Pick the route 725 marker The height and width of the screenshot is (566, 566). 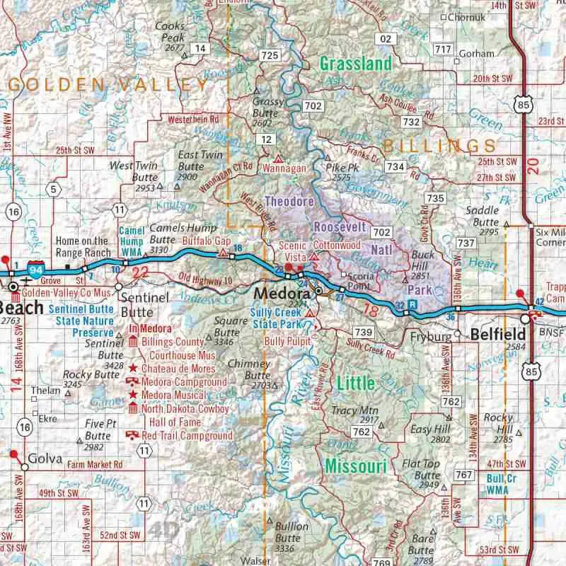click(x=270, y=54)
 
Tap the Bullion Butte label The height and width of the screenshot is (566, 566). click(x=291, y=533)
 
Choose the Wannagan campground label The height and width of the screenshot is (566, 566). click(x=284, y=169)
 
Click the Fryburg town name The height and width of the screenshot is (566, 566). click(x=430, y=337)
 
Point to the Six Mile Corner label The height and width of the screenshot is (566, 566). click(x=550, y=237)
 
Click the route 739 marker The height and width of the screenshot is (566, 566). click(x=364, y=332)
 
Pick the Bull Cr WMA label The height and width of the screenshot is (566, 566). click(x=500, y=483)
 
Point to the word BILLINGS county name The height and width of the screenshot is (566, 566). click(x=439, y=146)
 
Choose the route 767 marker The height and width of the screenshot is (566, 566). click(x=464, y=475)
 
